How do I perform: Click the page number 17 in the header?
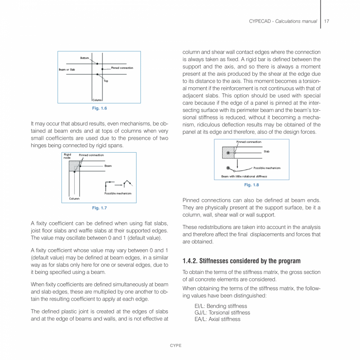327,21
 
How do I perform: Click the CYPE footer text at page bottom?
175,346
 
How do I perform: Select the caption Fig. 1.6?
99,108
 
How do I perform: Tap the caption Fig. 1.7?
99,208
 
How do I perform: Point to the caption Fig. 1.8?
251,185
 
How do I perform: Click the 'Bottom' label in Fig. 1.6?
85,58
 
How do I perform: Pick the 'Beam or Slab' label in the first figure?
67,70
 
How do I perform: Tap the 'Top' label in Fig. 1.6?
106,81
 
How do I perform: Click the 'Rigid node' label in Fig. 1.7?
67,156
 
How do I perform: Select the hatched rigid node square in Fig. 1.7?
74,166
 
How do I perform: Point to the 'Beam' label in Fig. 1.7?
108,166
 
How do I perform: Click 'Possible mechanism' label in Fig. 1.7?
117,193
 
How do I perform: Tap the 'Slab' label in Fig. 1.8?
266,151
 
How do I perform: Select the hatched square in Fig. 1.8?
228,152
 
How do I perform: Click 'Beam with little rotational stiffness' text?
244,176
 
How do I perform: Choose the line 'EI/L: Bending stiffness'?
221,306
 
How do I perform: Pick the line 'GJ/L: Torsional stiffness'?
222,313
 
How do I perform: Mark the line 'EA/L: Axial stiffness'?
217,319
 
